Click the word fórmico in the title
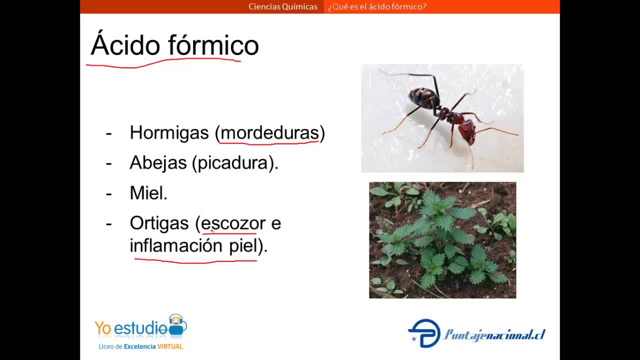[213, 45]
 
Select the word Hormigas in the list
[169, 132]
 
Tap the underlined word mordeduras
[269, 132]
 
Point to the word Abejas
[158, 162]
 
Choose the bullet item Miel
[148, 193]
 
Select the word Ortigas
[159, 223]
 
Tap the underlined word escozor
[233, 223]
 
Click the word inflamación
[176, 245]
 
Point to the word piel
[243, 245]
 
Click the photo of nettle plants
[442, 240]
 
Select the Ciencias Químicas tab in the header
[283, 6]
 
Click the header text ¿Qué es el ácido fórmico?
[377, 6]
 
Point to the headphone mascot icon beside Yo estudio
[176, 324]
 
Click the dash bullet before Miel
[108, 193]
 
